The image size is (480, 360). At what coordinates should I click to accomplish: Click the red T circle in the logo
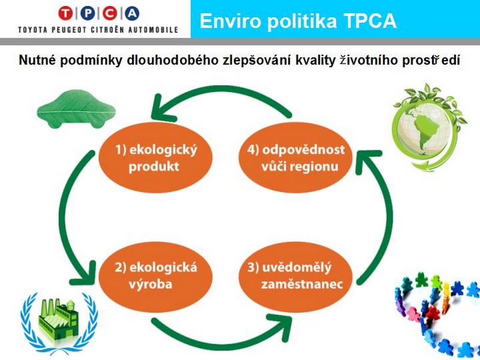pyautogui.click(x=65, y=13)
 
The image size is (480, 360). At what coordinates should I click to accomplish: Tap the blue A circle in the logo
pyautogui.click(x=132, y=13)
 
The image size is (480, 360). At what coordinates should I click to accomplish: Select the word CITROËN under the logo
pyautogui.click(x=107, y=29)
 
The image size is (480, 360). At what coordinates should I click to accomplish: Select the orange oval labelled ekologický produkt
pyautogui.click(x=155, y=158)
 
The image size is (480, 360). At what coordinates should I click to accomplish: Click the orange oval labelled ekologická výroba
pyautogui.click(x=155, y=277)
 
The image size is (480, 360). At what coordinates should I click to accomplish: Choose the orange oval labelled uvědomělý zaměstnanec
pyautogui.click(x=295, y=277)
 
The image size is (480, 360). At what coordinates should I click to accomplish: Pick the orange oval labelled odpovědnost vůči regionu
pyautogui.click(x=295, y=158)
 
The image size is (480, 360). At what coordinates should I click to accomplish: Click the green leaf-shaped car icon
pyautogui.click(x=76, y=109)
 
